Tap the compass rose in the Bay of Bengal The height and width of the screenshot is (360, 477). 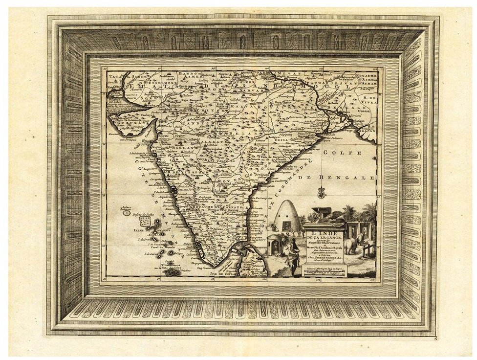click(x=322, y=194)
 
